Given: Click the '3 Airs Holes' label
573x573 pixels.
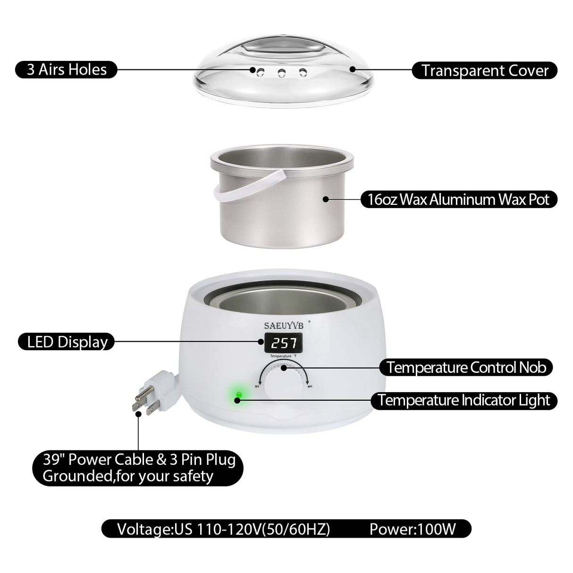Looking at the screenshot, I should click(66, 70).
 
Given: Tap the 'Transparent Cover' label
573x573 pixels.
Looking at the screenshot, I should click(485, 71).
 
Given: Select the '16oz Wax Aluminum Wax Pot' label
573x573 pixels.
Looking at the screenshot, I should click(458, 199).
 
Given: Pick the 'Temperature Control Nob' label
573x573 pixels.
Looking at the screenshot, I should click(469, 367).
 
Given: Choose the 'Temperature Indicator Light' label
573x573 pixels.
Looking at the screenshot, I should click(464, 401).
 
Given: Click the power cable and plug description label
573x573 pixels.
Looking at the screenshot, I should click(139, 467).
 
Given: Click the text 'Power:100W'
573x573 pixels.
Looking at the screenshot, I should click(413, 529).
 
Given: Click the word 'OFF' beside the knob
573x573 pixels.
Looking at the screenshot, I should click(257, 386).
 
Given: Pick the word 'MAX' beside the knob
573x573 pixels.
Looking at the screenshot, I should click(310, 386).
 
